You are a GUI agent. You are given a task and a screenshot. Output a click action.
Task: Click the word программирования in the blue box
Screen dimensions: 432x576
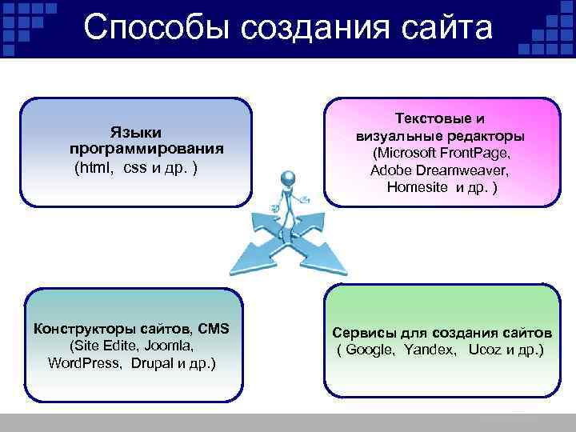point(146,149)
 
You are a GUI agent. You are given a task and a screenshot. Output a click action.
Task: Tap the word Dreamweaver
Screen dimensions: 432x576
point(458,170)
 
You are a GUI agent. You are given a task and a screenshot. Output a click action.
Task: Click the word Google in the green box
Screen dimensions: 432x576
point(371,350)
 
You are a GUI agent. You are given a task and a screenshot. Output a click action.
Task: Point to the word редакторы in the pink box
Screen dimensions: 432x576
point(486,135)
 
